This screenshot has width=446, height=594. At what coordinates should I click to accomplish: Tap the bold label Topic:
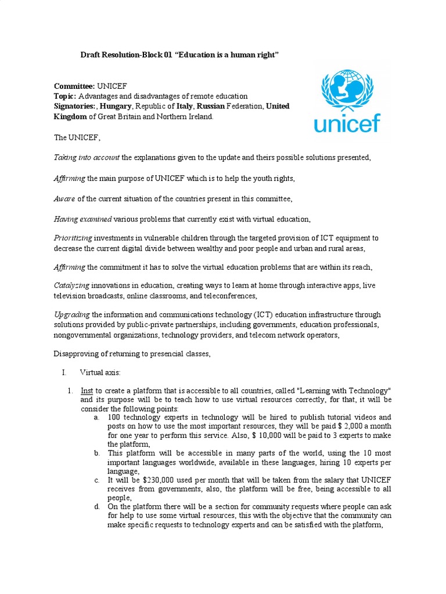tap(64, 96)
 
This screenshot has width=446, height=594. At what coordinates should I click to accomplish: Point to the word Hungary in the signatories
tap(116, 106)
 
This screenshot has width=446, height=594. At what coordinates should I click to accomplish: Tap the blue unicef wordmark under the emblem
tap(347, 123)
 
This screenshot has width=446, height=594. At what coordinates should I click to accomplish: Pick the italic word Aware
tap(64, 198)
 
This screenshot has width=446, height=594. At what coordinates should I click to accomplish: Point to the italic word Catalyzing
tap(71, 285)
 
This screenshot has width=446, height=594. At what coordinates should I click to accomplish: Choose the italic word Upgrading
tap(72, 314)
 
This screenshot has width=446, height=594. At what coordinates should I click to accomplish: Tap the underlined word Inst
tap(87, 391)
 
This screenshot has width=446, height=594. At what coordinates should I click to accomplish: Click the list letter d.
tap(96, 507)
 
